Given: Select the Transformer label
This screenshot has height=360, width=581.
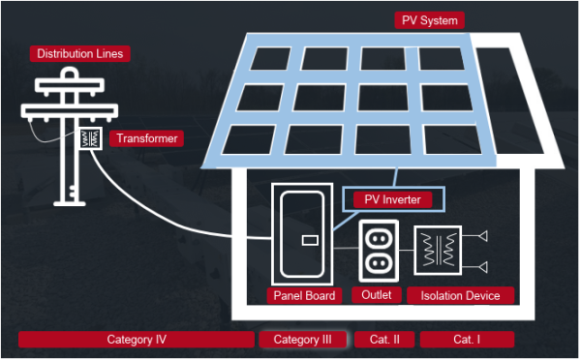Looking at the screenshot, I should (x=147, y=139).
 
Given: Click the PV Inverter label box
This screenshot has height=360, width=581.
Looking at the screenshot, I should (x=393, y=200).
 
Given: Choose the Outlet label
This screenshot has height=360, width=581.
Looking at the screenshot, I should (x=376, y=295).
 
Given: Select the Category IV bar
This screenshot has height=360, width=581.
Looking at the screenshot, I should (x=137, y=340).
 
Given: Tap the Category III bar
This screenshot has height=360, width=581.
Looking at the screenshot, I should (x=302, y=340).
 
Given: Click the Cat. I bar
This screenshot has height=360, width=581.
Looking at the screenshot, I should (x=466, y=340).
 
